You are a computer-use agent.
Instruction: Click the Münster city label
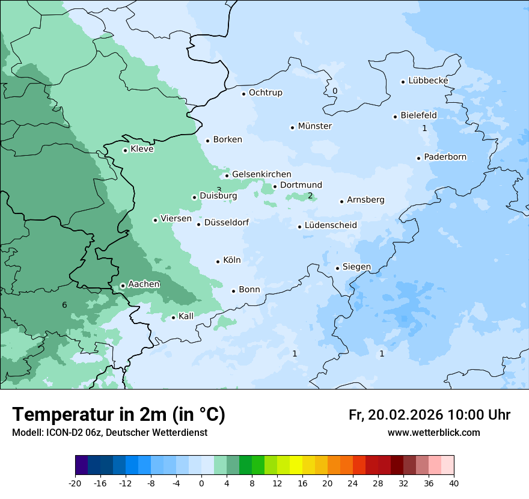click(x=314, y=126)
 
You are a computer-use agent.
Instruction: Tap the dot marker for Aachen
click(x=123, y=286)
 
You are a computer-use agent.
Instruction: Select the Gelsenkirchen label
click(x=261, y=174)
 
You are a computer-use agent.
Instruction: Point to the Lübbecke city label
click(x=428, y=81)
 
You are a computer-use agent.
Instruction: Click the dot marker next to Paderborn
click(x=418, y=158)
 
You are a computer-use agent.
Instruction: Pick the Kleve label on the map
click(x=142, y=149)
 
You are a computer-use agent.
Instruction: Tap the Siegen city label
click(x=356, y=267)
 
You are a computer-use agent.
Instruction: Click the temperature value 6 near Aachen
click(x=64, y=305)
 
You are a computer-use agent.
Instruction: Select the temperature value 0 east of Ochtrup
click(x=335, y=91)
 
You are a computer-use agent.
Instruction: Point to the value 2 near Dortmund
click(x=310, y=195)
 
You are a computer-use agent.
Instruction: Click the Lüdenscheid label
click(x=331, y=225)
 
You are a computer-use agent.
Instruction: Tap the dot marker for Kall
click(x=173, y=317)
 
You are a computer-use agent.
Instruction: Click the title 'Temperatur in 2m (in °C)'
click(x=118, y=415)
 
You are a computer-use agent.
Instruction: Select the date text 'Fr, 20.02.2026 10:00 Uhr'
click(x=429, y=415)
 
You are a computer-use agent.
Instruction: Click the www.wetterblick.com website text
click(x=433, y=433)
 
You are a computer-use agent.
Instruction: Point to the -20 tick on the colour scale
click(x=75, y=483)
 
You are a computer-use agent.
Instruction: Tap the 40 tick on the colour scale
click(x=454, y=483)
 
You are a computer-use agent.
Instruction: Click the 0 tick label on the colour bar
click(x=201, y=483)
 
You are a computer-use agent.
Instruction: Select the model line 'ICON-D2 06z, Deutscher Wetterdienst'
click(x=109, y=433)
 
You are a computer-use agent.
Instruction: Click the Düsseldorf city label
click(x=226, y=222)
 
